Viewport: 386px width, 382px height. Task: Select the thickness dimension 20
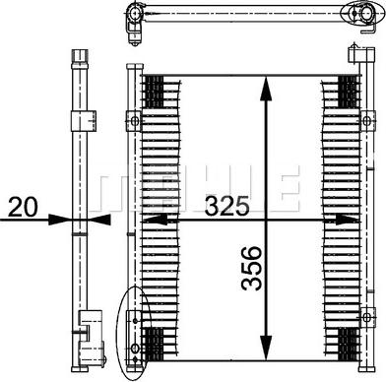[23, 208]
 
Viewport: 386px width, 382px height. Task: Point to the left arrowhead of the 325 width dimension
[148, 222]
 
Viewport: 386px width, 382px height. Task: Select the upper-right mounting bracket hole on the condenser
[370, 122]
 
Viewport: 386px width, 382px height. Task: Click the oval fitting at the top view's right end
[350, 14]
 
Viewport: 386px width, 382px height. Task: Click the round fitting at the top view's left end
[130, 14]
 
